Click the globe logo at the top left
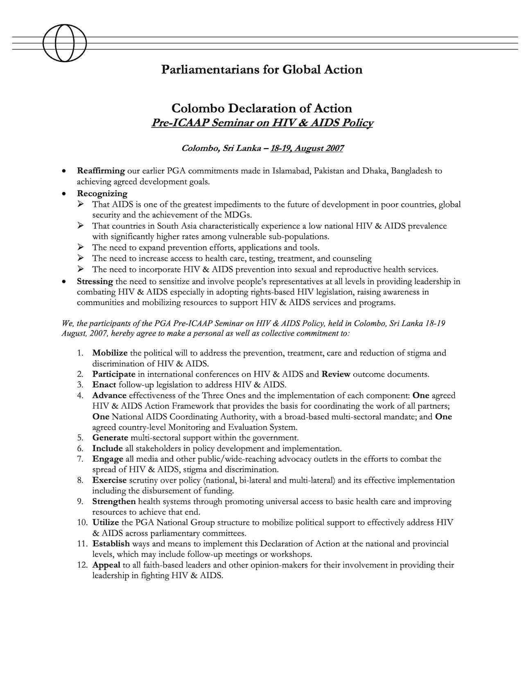pos(65,43)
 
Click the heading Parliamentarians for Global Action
pos(262,70)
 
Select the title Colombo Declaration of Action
pos(262,108)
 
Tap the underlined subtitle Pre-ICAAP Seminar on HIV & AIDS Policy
pos(262,123)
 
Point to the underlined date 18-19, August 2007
pos(306,148)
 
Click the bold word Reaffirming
pos(101,171)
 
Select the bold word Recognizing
pos(102,193)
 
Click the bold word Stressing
pos(95,282)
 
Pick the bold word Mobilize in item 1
pos(110,353)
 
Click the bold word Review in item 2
pos(336,374)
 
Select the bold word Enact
pos(104,385)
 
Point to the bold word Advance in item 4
pos(109,395)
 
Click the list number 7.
pos(80,459)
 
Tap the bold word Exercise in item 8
pos(109,480)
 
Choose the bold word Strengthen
pos(114,502)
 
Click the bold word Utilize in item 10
pos(106,523)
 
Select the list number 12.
pos(82,565)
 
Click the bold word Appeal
pos(106,565)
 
